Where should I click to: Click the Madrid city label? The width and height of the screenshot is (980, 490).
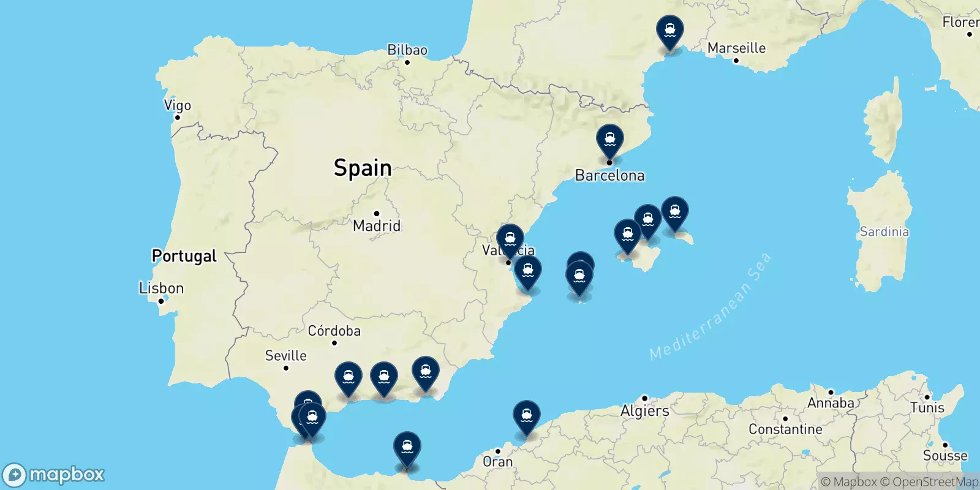377,225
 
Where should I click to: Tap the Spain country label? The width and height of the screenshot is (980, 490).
362,168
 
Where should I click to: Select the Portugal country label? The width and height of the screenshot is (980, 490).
184,256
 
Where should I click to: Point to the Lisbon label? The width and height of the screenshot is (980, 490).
161,288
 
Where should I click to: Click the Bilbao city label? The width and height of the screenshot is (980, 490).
407,50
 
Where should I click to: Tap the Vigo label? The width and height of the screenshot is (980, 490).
178,105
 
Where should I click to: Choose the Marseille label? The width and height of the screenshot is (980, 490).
736,48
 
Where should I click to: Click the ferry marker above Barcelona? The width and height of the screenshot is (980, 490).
609,140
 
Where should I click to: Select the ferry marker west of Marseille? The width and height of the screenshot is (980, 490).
669,31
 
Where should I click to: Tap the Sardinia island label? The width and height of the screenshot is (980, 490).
884,232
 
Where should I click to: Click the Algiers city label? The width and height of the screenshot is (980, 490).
644,411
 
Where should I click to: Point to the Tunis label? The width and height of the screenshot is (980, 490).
927,408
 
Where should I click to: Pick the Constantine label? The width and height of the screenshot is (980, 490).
785,429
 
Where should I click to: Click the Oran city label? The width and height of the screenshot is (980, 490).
497,462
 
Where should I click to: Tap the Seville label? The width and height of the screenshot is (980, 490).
285,356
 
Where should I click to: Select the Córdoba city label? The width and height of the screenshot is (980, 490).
334,331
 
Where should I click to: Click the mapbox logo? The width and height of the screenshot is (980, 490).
54,475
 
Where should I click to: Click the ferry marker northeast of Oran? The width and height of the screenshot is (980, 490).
526,416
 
